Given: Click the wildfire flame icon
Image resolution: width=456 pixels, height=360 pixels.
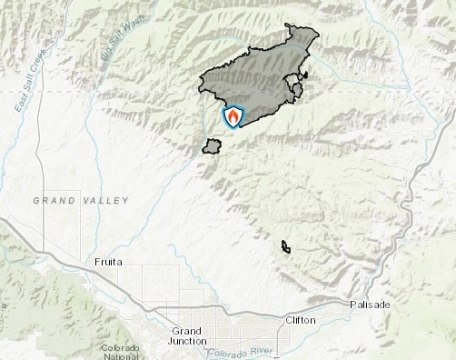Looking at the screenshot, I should pos(233,116).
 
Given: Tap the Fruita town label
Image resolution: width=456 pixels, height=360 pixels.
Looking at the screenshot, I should pos(108,262).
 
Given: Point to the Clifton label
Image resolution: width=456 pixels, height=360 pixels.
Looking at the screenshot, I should pos(301,321).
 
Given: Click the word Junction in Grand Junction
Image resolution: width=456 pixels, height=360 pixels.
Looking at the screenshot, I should pos(188,341).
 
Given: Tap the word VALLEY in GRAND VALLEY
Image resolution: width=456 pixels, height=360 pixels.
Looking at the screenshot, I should pos(107,200).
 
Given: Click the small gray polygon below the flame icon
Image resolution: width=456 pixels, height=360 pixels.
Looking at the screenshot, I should pos(212,145).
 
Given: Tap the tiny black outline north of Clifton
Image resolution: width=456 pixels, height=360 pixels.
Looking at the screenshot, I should pos(285,246).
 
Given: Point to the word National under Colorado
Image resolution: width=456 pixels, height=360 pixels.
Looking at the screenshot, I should pos(120,356).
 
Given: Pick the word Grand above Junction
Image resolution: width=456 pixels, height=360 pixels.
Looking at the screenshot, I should pos(186,331).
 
